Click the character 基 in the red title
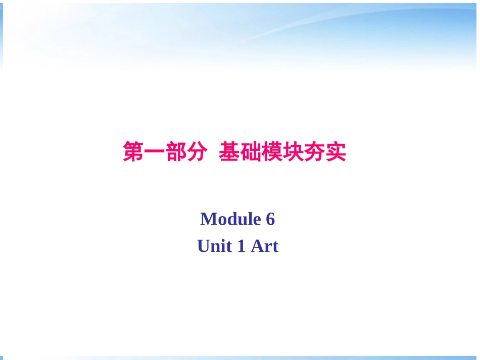click(x=229, y=151)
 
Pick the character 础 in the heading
click(x=251, y=151)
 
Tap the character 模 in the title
click(x=272, y=151)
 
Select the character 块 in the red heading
click(x=293, y=151)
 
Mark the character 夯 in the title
click(x=314, y=151)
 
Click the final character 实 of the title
click(x=335, y=151)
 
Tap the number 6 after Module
click(x=270, y=219)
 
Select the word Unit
click(x=214, y=246)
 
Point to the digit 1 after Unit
click(x=242, y=246)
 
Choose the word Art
click(x=265, y=246)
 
